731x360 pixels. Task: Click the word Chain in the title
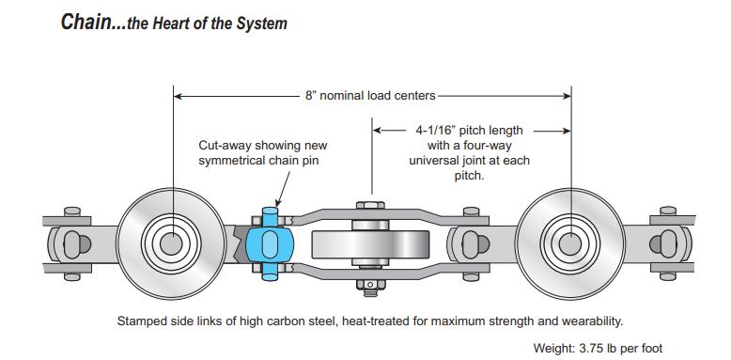85,22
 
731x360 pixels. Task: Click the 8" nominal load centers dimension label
370,96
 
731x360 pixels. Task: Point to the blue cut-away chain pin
270,243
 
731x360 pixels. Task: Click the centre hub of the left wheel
171,243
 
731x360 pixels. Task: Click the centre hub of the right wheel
570,243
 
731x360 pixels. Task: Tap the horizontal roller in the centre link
370,244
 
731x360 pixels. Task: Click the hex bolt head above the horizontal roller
370,205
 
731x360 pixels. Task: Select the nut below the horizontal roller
370,284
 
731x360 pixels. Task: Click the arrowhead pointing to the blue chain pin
279,202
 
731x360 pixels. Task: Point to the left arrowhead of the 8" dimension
179,96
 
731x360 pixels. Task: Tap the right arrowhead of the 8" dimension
566,96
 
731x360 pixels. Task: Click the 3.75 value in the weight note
591,348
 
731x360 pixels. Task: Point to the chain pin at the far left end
71,243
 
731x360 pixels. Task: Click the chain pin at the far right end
668,243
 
